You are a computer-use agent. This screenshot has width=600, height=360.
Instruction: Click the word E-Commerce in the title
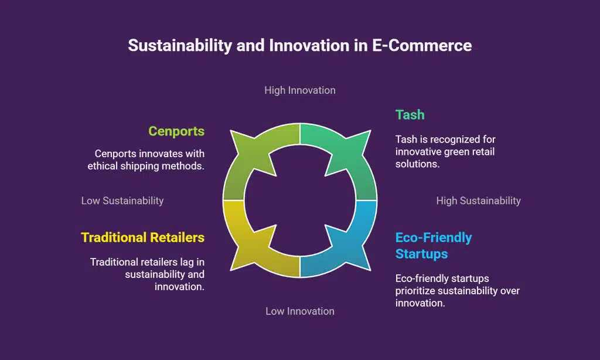(422, 46)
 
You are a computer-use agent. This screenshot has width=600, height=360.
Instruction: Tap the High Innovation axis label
(299, 90)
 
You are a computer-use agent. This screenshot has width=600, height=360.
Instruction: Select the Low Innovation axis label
(299, 311)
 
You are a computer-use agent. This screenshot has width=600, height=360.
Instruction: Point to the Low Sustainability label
(122, 201)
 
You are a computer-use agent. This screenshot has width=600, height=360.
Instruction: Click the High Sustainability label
(478, 201)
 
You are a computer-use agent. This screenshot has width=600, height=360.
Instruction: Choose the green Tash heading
(410, 114)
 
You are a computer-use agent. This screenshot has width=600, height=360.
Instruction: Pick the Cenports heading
(176, 131)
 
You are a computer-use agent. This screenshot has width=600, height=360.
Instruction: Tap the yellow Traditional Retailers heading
(142, 237)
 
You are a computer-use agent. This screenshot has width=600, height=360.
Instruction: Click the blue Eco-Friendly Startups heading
(434, 246)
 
